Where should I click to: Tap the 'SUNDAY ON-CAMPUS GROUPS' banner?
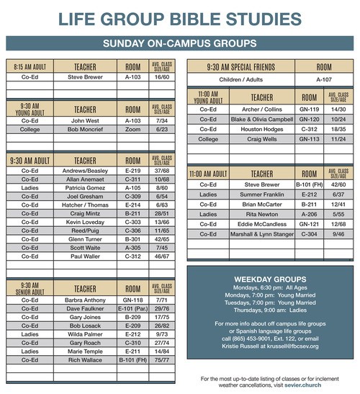(x=180, y=44)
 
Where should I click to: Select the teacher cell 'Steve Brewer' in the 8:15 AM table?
(x=85, y=76)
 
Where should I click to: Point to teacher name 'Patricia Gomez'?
(x=85, y=187)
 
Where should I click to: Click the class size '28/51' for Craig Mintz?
(x=161, y=213)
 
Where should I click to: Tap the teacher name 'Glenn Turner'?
(x=85, y=238)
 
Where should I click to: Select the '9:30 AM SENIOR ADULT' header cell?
(x=30, y=287)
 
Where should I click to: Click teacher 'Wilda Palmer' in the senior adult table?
(x=85, y=334)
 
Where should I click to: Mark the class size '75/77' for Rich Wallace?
(x=161, y=360)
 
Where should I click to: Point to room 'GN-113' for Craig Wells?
(x=309, y=139)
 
